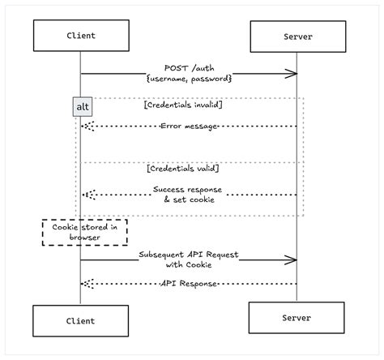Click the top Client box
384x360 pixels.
pos(80,36)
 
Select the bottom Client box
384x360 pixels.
pos(80,321)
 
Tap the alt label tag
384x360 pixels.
pos(83,107)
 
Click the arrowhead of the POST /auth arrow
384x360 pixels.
pos(293,75)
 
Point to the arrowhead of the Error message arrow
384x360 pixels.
pos(86,126)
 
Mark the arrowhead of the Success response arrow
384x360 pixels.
pos(86,195)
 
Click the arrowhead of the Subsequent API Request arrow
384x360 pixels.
pos(293,261)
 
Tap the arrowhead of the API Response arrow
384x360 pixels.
pos(86,283)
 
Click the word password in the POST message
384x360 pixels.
pos(210,78)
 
